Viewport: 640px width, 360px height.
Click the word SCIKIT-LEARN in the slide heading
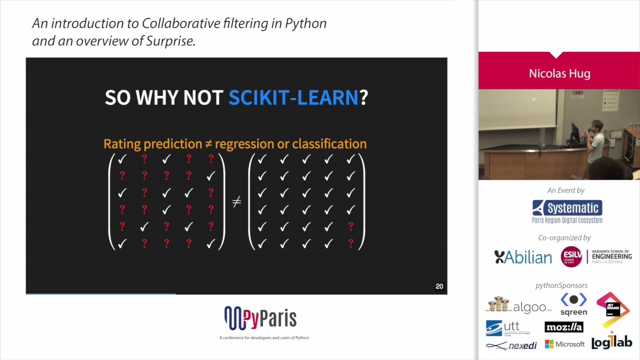tap(293, 97)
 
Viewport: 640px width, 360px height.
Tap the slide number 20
tap(439, 286)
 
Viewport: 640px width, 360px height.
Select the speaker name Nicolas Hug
tap(559, 74)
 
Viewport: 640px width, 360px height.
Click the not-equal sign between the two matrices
tap(236, 201)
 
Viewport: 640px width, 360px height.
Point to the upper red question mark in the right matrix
tap(350, 226)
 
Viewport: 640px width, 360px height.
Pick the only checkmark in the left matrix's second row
tap(210, 176)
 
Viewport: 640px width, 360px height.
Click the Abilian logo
tap(523, 257)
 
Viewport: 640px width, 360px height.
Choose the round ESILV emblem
tap(571, 256)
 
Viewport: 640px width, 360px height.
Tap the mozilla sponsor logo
tap(564, 327)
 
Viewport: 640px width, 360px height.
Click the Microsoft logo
tap(564, 344)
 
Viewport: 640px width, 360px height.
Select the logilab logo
tap(611, 341)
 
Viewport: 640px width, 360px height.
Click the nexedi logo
tap(511, 345)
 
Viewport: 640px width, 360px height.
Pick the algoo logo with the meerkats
tap(517, 305)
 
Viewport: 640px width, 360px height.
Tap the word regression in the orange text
tap(244, 144)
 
